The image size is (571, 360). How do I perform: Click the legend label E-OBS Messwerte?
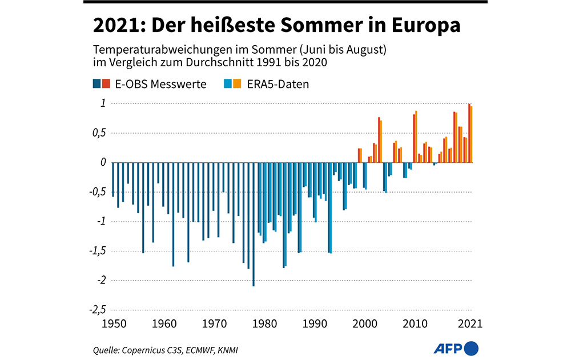(158, 84)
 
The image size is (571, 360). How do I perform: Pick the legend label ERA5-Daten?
(278, 84)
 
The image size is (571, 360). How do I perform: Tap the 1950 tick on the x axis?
(112, 323)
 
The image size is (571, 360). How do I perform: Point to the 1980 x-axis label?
(263, 323)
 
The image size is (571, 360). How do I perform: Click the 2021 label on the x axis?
(471, 323)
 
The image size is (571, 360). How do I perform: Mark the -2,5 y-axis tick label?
(96, 310)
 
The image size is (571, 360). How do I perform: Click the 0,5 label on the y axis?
(98, 133)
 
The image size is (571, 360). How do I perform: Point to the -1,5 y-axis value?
(96, 251)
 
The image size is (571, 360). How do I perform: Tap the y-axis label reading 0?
(103, 163)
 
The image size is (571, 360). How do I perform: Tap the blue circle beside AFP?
(471, 347)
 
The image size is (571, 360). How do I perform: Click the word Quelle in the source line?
(106, 349)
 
